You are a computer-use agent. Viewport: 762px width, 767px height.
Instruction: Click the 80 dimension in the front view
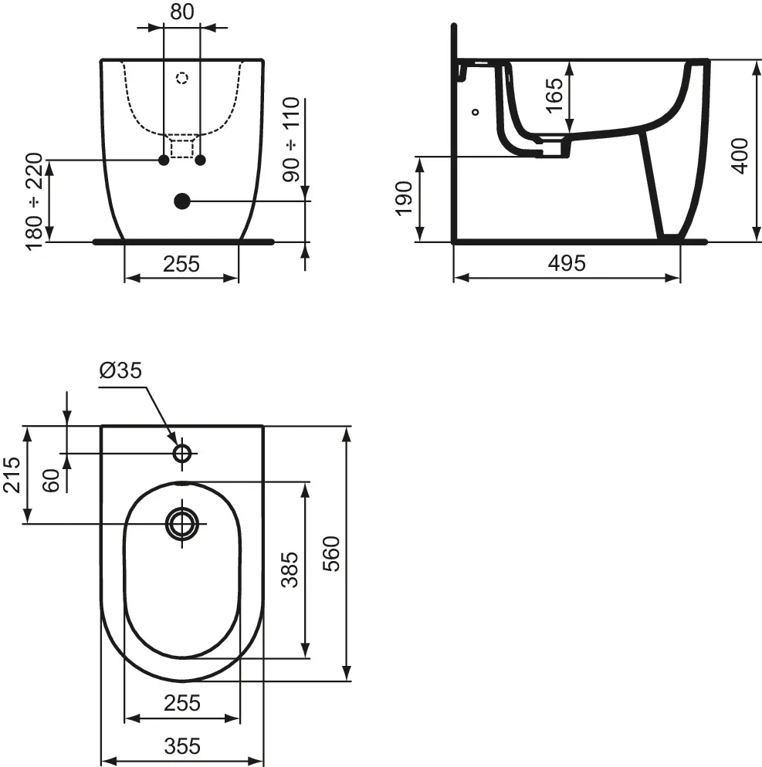pos(182,12)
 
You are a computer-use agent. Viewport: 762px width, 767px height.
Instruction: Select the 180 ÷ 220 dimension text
pos(35,202)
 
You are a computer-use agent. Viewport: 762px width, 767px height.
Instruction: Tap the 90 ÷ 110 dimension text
pos(291,140)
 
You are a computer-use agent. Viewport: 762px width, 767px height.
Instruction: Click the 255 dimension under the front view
pos(181,264)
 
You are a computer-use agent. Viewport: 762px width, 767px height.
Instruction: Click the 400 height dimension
pos(739,154)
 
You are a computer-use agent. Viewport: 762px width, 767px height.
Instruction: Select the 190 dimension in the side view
pos(404,199)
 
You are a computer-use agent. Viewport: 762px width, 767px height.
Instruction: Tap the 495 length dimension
pos(567,263)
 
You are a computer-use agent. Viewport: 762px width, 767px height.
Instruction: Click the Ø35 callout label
pos(120,370)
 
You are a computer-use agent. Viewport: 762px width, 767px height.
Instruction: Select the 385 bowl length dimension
pos(289,569)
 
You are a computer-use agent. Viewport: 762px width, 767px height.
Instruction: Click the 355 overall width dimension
pos(182,746)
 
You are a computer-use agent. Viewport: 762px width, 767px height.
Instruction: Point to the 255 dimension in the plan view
pos(182,703)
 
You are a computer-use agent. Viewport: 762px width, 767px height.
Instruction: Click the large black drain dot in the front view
pos(181,201)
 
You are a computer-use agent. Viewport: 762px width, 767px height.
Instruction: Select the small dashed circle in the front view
pos(182,78)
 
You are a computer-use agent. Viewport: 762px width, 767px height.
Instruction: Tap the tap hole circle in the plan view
pos(182,453)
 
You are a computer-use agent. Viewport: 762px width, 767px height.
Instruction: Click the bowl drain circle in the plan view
pos(182,523)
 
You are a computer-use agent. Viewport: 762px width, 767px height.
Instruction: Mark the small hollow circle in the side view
pos(476,111)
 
